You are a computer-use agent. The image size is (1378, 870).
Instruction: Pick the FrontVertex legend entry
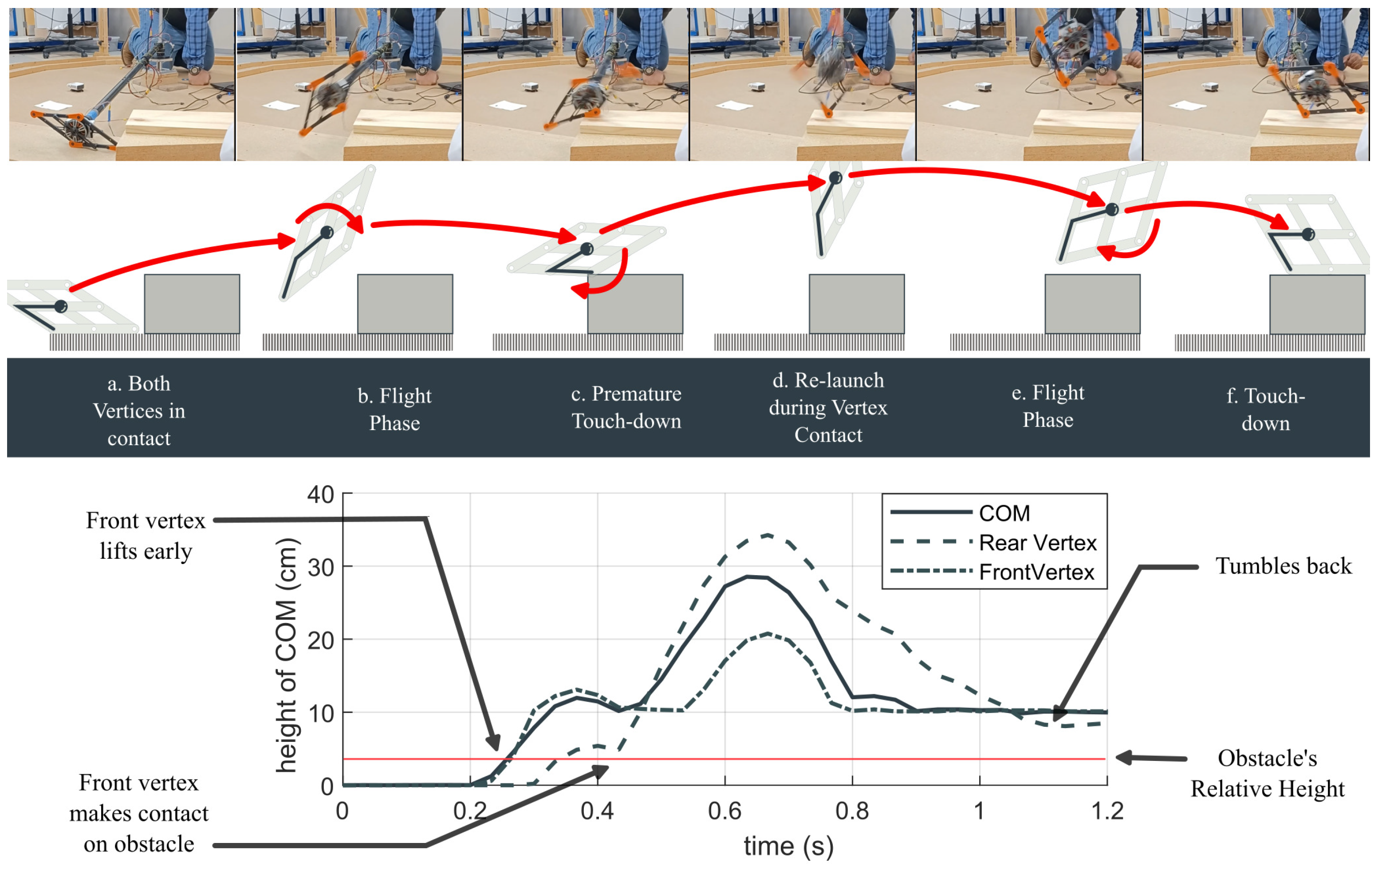1036,572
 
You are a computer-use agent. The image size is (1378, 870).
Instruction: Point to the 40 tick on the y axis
320,494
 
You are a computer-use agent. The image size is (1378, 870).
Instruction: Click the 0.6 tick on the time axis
724,811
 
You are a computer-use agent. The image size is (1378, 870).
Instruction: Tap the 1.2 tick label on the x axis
1107,811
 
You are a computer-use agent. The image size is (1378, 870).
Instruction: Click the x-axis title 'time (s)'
788,846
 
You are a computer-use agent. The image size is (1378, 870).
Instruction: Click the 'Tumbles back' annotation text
1283,566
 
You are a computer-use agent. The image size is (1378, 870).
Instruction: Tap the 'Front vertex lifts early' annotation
146,535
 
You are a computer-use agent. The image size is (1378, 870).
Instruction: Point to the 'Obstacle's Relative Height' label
1267,773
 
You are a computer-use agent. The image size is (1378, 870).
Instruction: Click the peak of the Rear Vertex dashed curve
768,535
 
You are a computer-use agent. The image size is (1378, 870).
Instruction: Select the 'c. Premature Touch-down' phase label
626,407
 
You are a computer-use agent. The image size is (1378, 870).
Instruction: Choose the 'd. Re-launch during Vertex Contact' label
827,407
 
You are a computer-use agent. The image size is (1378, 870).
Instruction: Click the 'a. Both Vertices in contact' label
138,410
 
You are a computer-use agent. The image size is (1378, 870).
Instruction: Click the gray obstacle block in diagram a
192,303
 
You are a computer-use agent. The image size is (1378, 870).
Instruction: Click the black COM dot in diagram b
327,232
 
